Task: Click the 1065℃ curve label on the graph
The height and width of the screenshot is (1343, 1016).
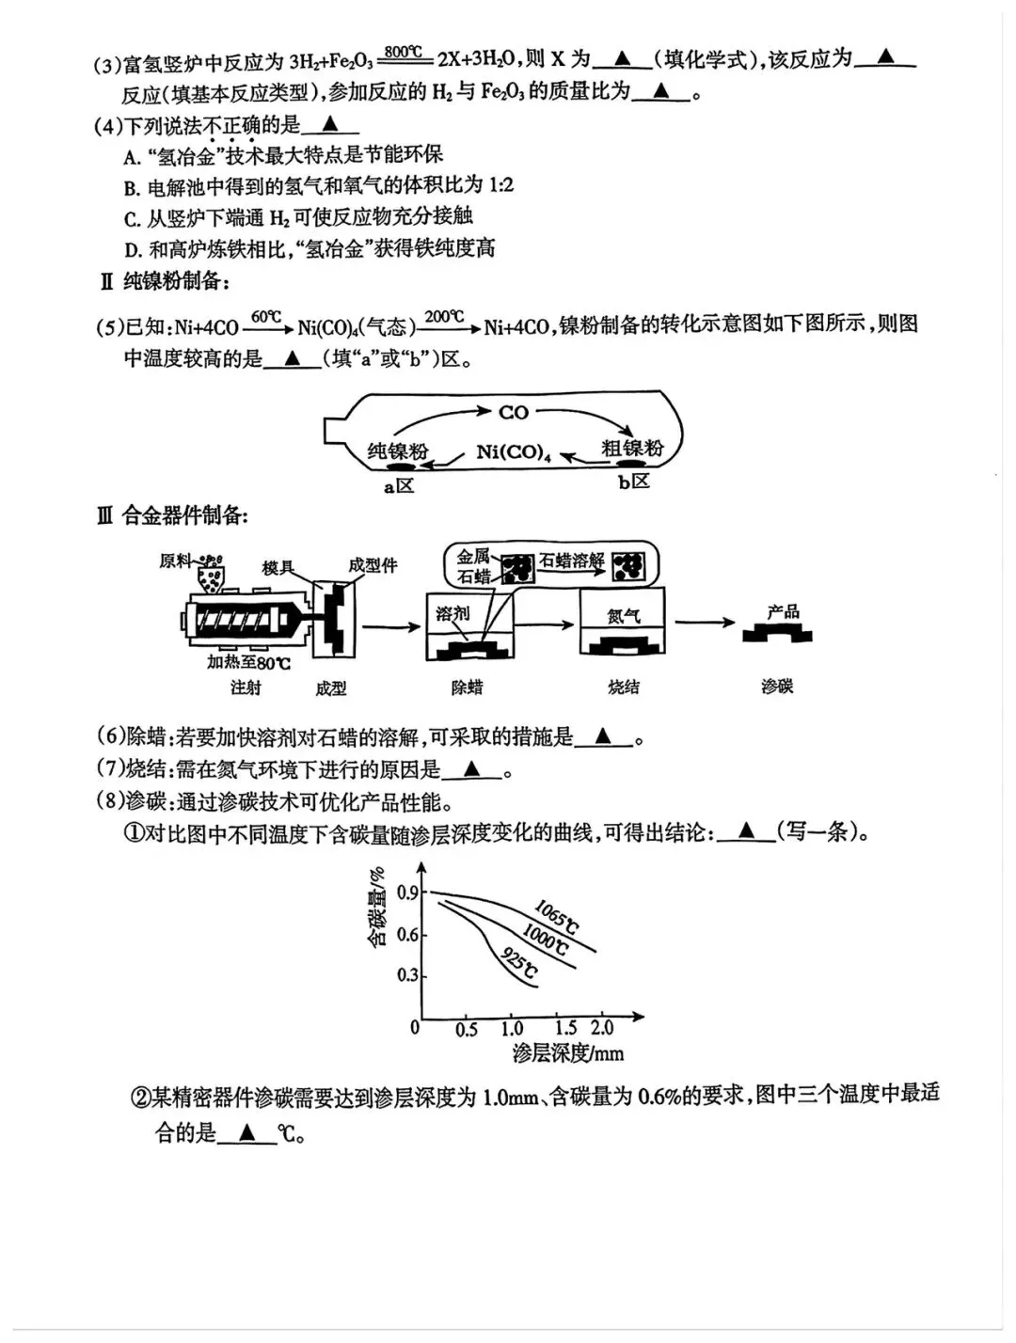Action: pos(556,916)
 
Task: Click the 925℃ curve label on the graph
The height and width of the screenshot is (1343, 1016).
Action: pos(518,964)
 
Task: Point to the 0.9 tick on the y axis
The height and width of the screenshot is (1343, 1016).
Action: pos(408,892)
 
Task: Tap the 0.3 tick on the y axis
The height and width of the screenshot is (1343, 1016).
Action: pos(408,974)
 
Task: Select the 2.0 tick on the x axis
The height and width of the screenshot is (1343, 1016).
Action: pos(602,1028)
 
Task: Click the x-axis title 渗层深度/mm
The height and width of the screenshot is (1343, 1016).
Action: pos(567,1053)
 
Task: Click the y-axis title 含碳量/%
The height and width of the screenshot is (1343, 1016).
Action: pos(377,907)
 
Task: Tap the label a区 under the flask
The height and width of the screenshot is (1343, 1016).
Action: pos(399,486)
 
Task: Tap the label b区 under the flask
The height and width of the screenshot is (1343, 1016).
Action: pos(634,482)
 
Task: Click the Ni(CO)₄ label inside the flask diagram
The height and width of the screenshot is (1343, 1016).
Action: pos(514,452)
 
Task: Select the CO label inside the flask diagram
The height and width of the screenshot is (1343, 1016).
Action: pos(514,412)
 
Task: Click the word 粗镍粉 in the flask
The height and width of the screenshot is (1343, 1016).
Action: pos(632,449)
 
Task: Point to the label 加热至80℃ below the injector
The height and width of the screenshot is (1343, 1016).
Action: pos(249,663)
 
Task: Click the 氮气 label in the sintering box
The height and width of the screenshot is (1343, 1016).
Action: pos(623,615)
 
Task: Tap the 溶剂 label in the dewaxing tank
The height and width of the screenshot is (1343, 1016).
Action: pos(452,614)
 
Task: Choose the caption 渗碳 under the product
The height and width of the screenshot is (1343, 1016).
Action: pos(777,687)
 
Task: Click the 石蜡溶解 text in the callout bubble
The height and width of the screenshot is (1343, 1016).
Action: pos(572,561)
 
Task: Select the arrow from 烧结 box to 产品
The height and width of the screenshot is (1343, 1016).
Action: pos(705,623)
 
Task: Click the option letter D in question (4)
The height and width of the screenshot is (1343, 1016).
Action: pos(132,250)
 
